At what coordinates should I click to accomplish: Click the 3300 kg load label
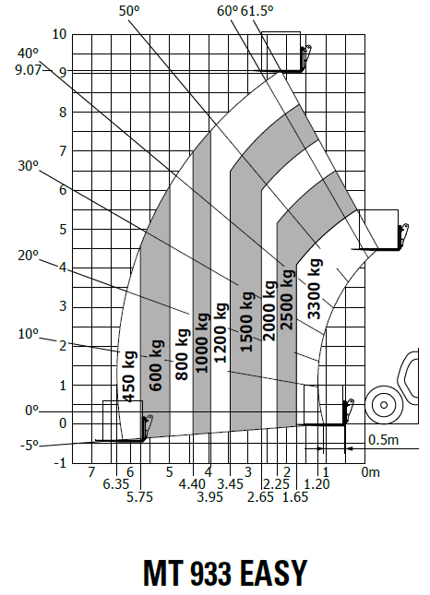coord(315,289)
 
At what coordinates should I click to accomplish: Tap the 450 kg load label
coord(130,376)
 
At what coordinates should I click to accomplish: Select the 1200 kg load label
coord(221,332)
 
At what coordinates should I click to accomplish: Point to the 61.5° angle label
coord(257,11)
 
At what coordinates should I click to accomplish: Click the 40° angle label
coord(28,54)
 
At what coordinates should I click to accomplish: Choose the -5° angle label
coord(30,445)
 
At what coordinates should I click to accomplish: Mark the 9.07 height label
coord(28,70)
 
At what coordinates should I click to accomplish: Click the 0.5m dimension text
coord(383,439)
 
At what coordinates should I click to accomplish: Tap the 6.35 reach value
coord(116,483)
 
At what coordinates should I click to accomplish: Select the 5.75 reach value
coord(139,496)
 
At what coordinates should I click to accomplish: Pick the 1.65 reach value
coord(295,496)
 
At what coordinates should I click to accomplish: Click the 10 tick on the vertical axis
coord(59,34)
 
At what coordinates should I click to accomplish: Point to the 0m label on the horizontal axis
coord(370,472)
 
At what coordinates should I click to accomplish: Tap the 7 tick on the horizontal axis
coord(91,472)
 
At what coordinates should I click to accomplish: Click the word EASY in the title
coord(273,573)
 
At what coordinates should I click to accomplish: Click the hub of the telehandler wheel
coord(384,405)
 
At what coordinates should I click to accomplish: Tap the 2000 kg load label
coord(269,310)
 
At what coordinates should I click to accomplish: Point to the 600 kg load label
coord(156,365)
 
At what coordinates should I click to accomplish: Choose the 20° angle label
coord(28,256)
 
